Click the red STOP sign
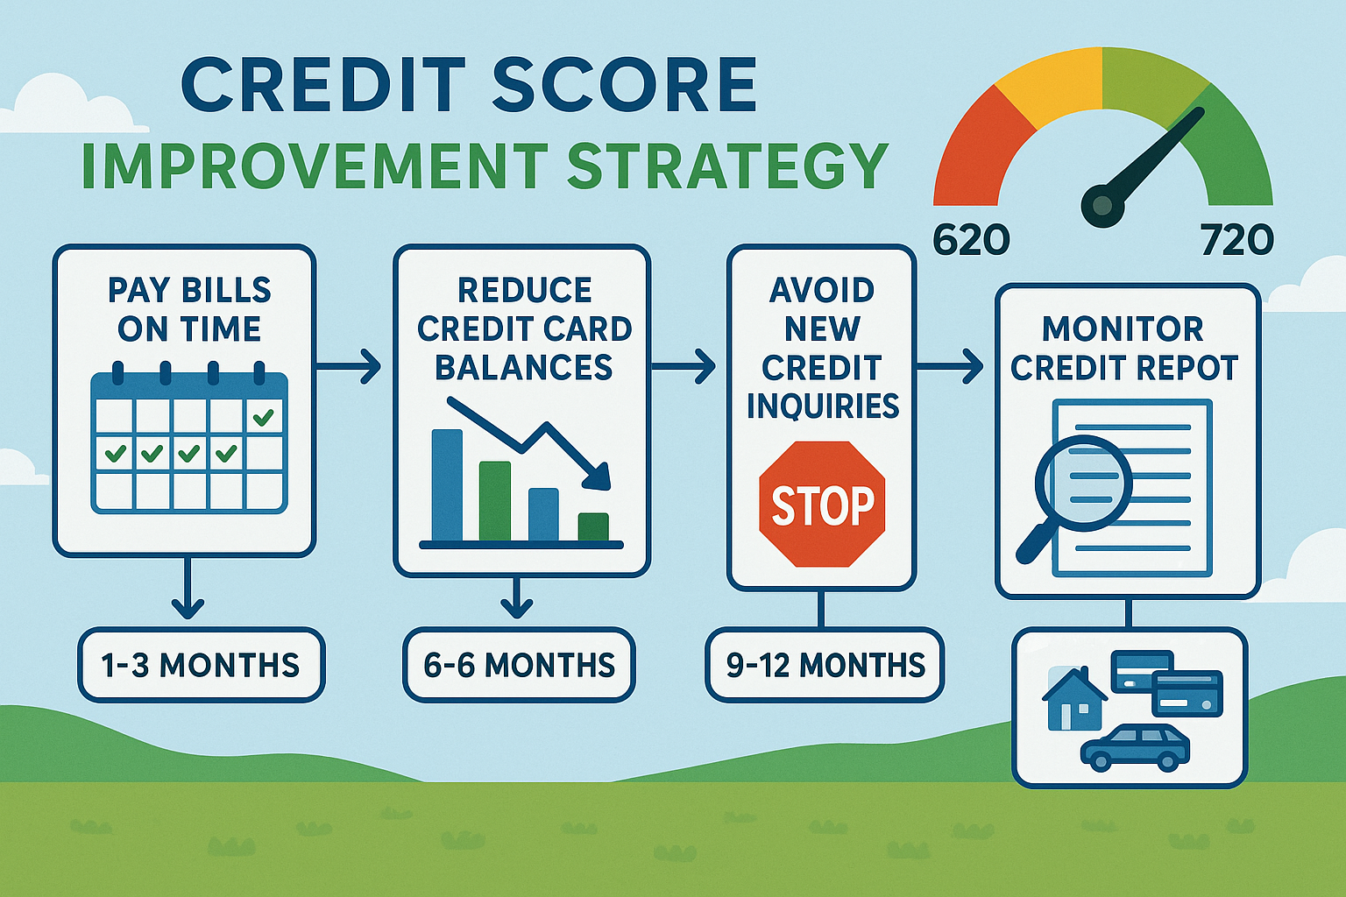click(822, 505)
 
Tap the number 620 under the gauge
click(970, 239)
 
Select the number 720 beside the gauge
click(1236, 239)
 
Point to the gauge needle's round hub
click(1102, 206)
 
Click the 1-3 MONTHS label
click(201, 665)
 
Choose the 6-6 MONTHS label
click(519, 665)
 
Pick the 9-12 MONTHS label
click(825, 665)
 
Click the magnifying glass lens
click(1083, 483)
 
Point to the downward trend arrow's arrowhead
click(598, 477)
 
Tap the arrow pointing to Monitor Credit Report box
click(950, 366)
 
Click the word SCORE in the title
click(624, 85)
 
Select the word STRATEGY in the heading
click(727, 166)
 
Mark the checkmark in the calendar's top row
click(263, 419)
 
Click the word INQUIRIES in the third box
click(823, 406)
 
